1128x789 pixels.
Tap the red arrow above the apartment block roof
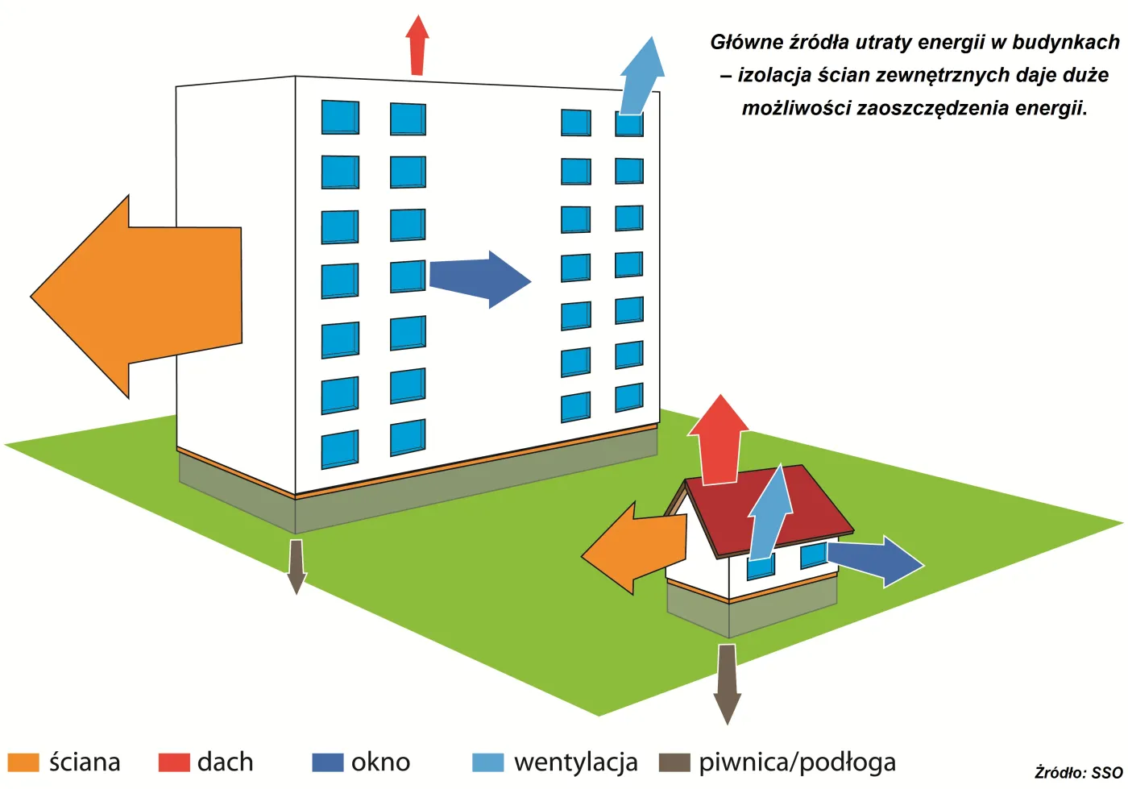tap(417, 45)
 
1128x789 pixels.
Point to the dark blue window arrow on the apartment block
tap(480, 279)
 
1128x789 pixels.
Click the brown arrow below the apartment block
tap(297, 567)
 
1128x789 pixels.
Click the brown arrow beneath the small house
tap(727, 684)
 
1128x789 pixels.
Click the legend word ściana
tap(85, 762)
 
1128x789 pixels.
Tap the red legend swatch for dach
tap(174, 762)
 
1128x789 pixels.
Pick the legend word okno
tap(380, 762)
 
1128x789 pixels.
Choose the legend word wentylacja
tap(575, 762)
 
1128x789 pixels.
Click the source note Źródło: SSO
tap(1079, 773)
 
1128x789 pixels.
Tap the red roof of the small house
tap(770, 509)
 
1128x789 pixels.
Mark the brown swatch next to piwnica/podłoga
tap(674, 762)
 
